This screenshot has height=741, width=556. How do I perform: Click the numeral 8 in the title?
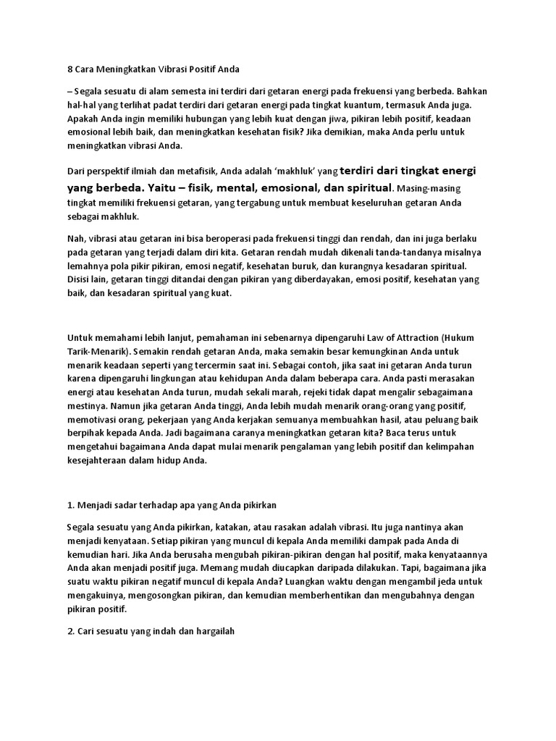pyautogui.click(x=69, y=69)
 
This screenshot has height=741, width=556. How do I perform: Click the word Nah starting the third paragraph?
pyautogui.click(x=75, y=239)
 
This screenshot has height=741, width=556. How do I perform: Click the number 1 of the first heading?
pyautogui.click(x=69, y=504)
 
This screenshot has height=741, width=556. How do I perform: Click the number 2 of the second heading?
pyautogui.click(x=69, y=631)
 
